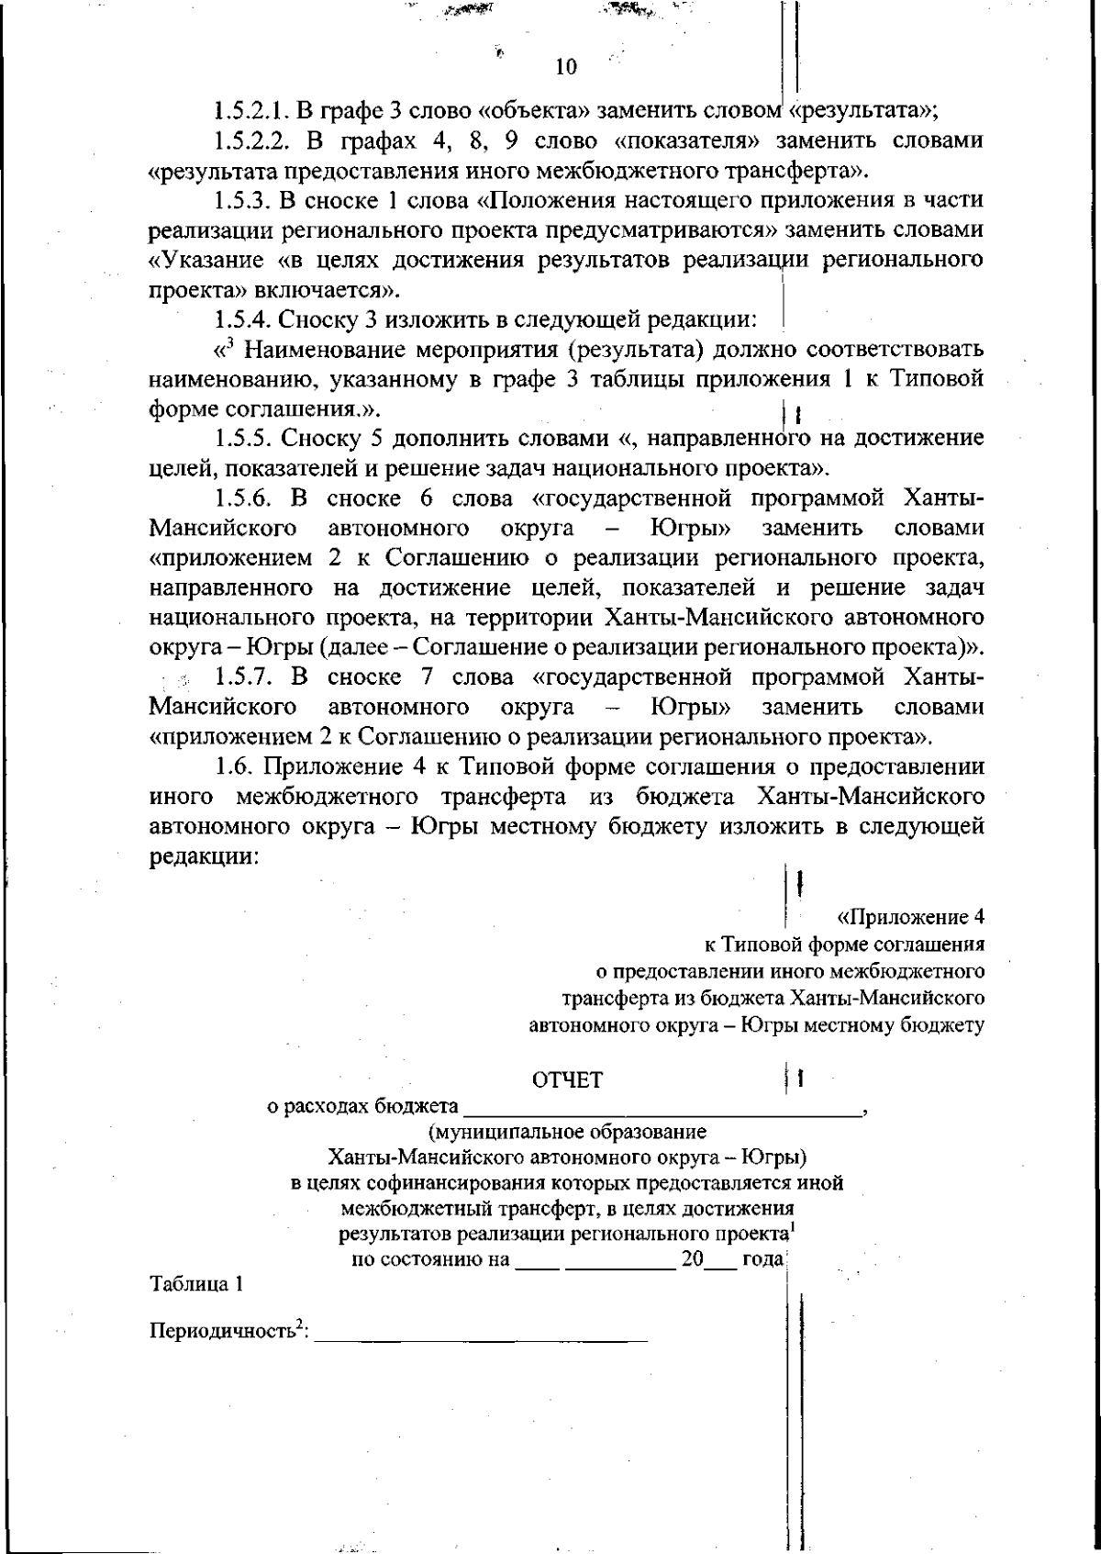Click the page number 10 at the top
pyautogui.click(x=565, y=67)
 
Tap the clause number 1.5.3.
pyautogui.click(x=239, y=200)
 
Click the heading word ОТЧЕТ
pyautogui.click(x=567, y=1080)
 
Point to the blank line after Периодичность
pyautogui.click(x=481, y=1336)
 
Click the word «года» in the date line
pyautogui.click(x=762, y=1259)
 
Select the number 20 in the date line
pyautogui.click(x=691, y=1259)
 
